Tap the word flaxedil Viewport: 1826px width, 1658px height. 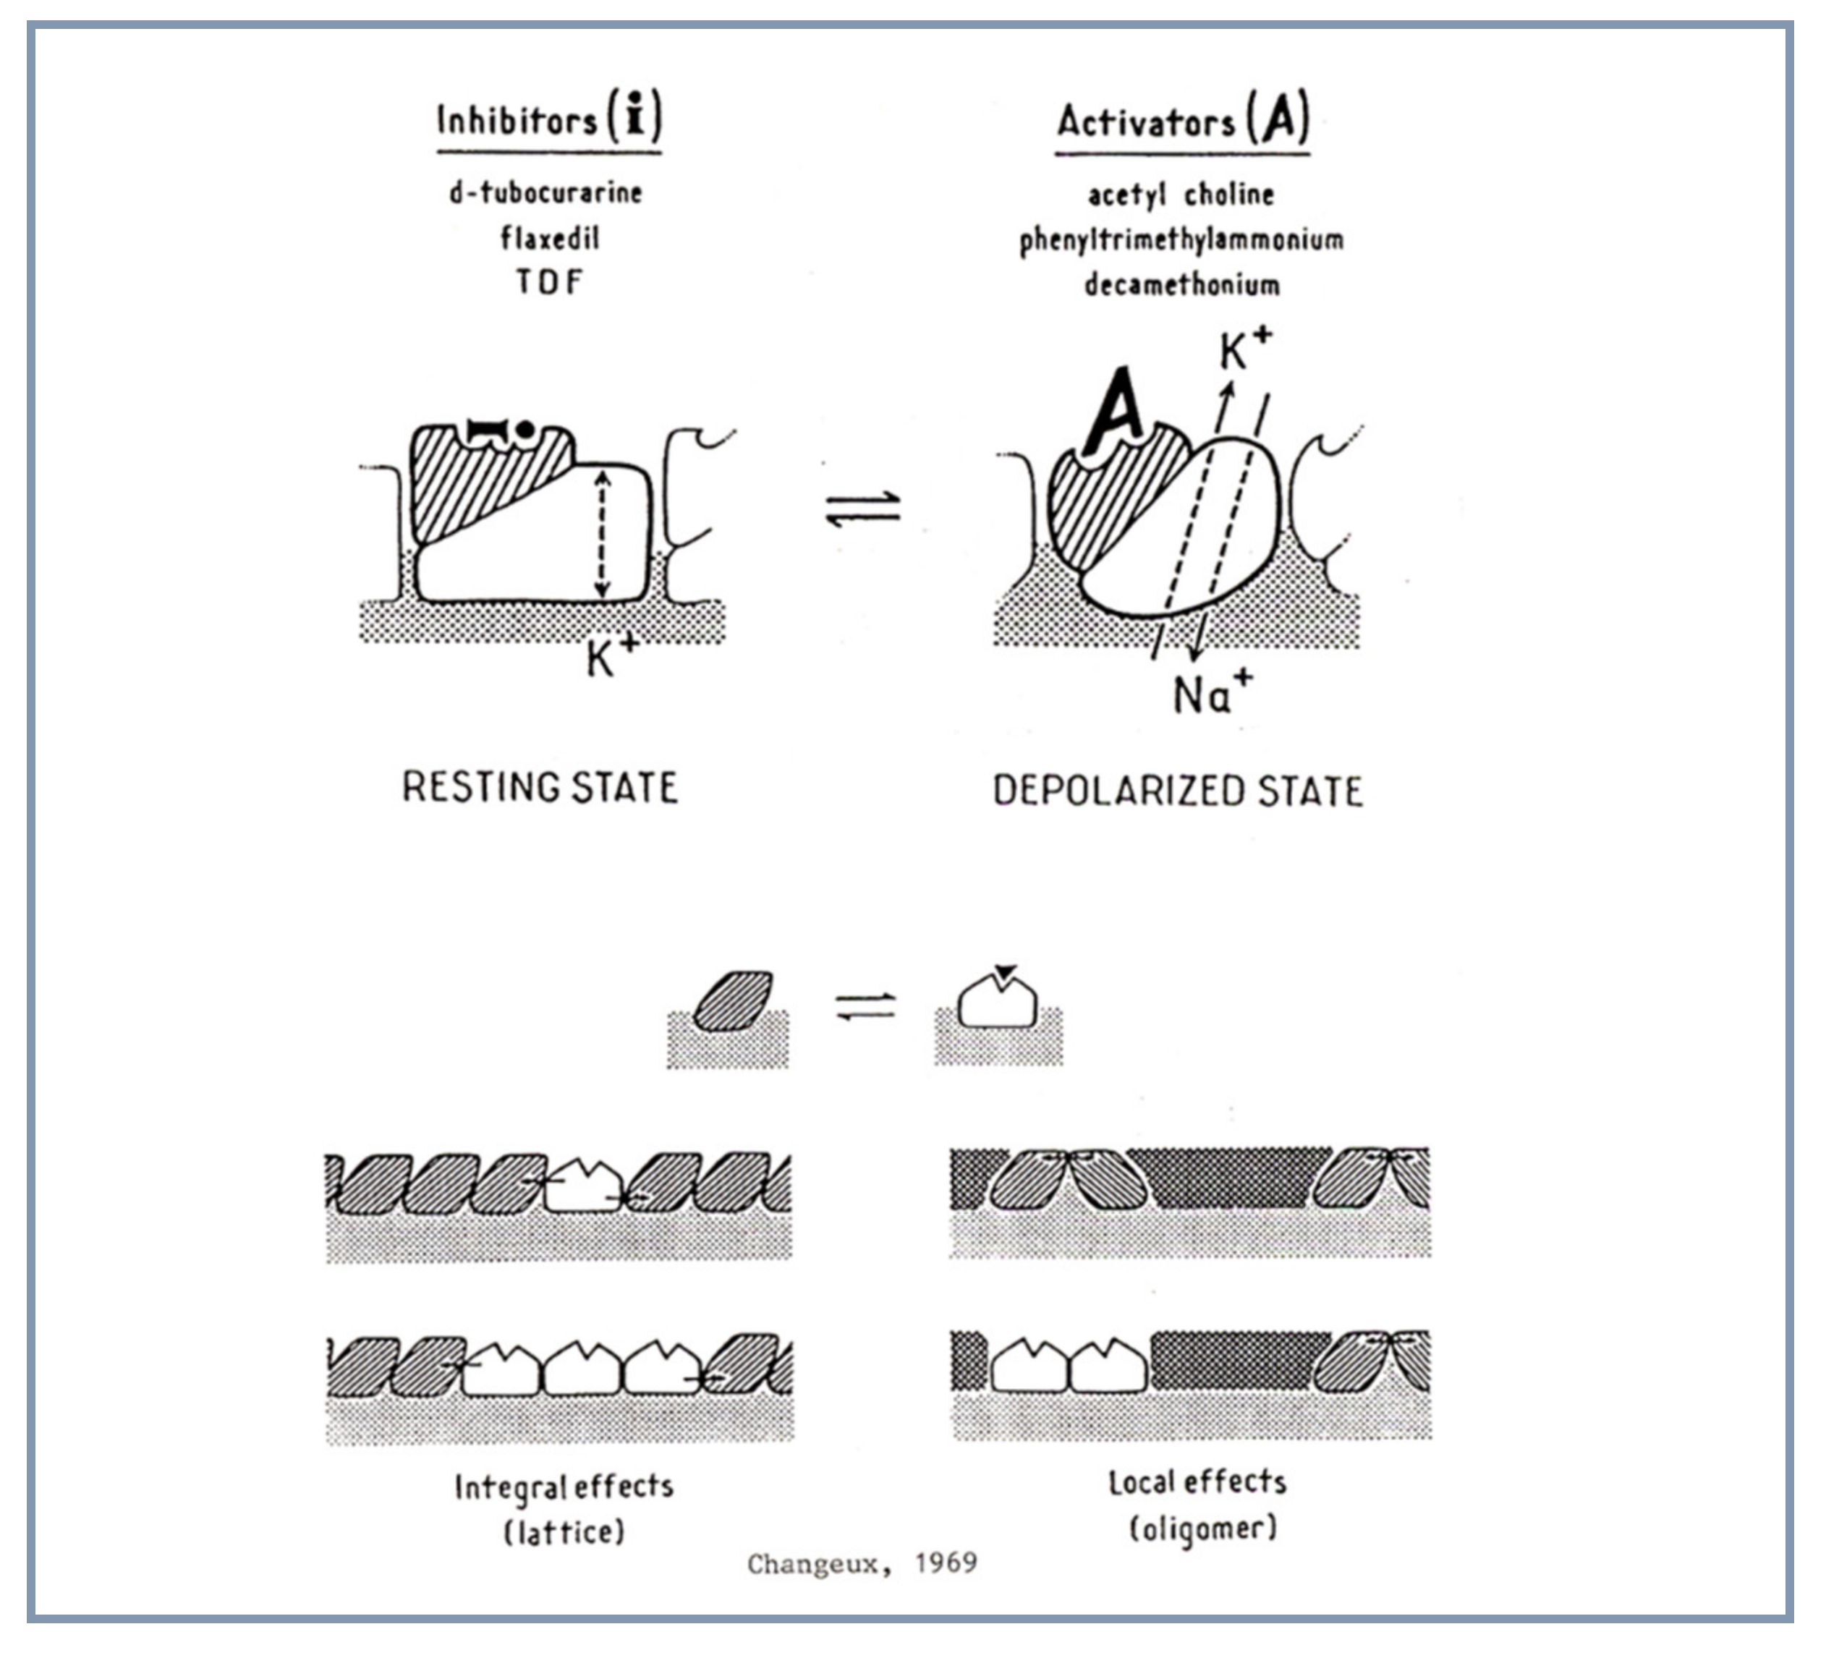tap(550, 238)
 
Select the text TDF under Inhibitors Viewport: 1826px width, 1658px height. tap(549, 281)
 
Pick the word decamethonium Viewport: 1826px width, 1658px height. tap(1181, 285)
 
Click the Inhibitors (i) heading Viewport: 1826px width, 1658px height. tap(549, 119)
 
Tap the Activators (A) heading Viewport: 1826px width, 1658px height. tap(1182, 119)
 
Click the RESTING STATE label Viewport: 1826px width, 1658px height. tap(540, 787)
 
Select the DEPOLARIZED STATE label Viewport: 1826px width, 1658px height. tap(1178, 791)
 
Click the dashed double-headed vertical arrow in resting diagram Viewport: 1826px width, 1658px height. tap(601, 535)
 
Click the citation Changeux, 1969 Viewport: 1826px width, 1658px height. tap(862, 1563)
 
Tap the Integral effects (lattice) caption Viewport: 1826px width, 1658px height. tap(564, 1510)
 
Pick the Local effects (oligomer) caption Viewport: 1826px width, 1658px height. tap(1198, 1505)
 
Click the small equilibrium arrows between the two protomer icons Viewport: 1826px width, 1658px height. tap(865, 1007)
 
